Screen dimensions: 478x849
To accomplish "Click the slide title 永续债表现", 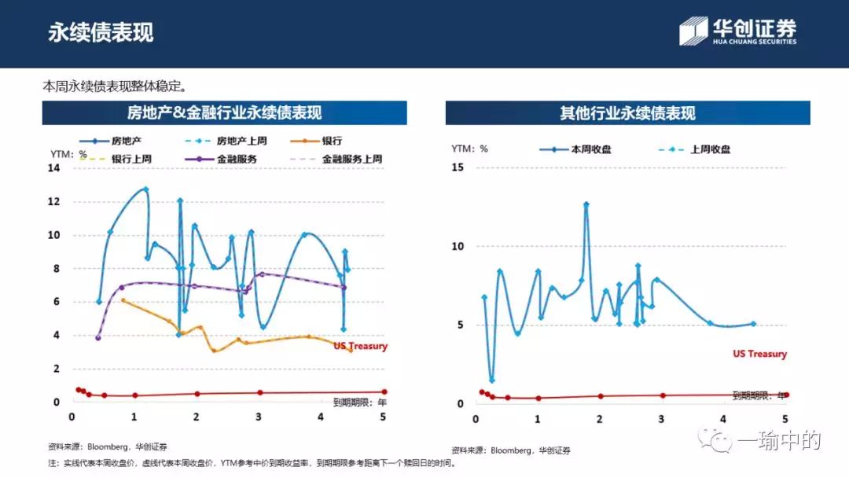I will click(x=101, y=32).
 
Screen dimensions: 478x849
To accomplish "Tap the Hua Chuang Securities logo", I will click(x=738, y=31).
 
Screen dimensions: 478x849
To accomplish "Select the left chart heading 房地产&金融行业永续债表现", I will click(x=225, y=113).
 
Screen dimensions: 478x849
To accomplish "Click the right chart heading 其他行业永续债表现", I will click(x=627, y=113).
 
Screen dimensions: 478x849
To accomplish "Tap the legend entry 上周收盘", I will click(x=710, y=149).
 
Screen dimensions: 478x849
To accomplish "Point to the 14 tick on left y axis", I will click(x=53, y=168).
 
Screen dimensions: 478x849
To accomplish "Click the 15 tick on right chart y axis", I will click(x=458, y=167).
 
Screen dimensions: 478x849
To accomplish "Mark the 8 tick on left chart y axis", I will click(x=56, y=269).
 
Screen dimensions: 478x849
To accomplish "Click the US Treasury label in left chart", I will click(x=360, y=346).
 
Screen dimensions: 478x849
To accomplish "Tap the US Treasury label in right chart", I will click(x=759, y=354).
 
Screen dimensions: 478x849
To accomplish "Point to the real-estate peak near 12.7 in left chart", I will click(x=145, y=189).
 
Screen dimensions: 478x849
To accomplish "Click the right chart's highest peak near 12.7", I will click(x=586, y=204).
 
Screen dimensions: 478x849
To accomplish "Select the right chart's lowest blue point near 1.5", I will click(x=492, y=381).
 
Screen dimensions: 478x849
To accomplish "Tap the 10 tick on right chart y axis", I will click(x=458, y=246).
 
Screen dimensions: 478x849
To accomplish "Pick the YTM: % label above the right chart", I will click(x=469, y=149).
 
